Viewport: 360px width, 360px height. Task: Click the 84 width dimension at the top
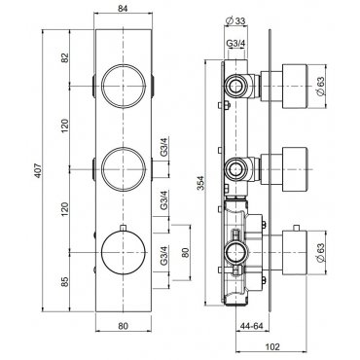click(x=123, y=9)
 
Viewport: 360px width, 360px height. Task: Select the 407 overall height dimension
click(x=38, y=170)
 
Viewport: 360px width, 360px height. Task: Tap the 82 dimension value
click(x=65, y=57)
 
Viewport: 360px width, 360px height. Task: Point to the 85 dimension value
click(x=65, y=281)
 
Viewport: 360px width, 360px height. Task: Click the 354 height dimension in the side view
click(x=201, y=183)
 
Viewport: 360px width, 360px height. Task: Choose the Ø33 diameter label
click(x=234, y=21)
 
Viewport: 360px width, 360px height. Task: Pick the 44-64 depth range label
click(x=251, y=326)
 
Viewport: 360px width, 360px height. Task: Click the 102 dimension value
click(x=272, y=346)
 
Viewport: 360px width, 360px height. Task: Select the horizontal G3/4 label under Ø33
click(x=235, y=43)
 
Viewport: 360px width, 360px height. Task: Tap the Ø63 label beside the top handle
click(x=320, y=86)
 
